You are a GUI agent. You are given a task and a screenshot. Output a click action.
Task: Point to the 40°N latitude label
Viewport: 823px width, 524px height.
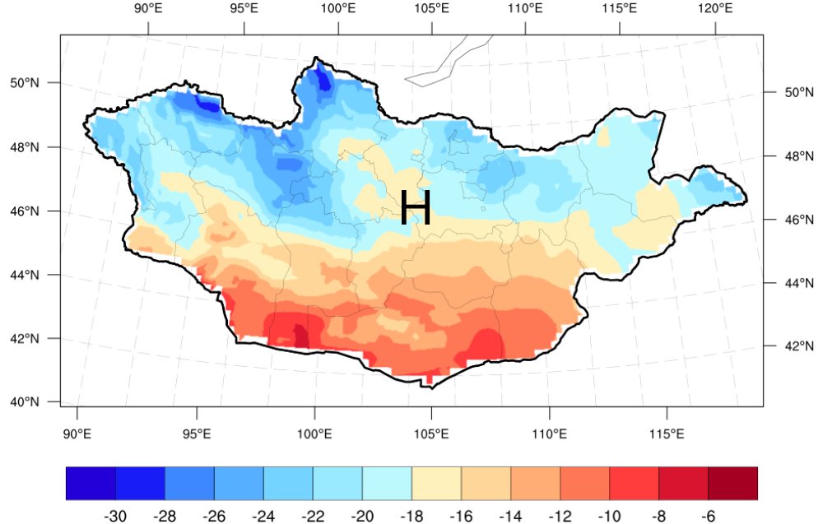point(24,402)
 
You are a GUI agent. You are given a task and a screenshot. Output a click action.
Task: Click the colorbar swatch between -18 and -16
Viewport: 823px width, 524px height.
point(436,484)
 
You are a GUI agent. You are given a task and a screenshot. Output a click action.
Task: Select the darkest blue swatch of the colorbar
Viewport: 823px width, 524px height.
point(91,484)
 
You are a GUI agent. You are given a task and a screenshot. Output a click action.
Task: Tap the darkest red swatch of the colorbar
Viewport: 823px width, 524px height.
point(732,484)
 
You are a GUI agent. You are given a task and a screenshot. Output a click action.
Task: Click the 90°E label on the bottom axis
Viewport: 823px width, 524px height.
point(77,433)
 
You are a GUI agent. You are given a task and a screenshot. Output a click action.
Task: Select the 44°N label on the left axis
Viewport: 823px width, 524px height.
point(24,275)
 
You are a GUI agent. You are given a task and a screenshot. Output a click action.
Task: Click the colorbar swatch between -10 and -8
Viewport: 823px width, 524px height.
point(634,484)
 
